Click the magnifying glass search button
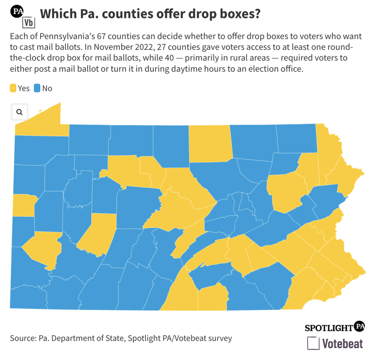19,112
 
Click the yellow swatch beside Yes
13,88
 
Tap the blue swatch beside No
37,88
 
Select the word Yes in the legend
24,88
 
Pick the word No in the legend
47,88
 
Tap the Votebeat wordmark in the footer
342,343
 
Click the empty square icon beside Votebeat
313,343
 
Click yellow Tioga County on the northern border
209,144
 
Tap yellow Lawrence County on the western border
24,205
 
